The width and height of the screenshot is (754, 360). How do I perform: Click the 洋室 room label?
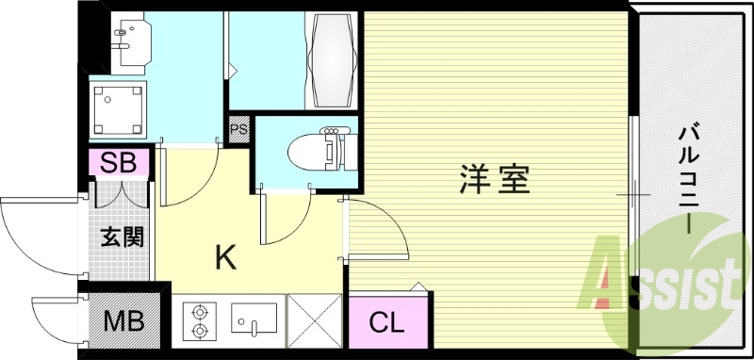pyautogui.click(x=494, y=179)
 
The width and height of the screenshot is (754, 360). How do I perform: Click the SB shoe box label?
pyautogui.click(x=119, y=163)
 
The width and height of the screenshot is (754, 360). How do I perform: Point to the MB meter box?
pyautogui.click(x=123, y=322)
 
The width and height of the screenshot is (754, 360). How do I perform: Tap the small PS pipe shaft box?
pyautogui.click(x=238, y=130)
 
